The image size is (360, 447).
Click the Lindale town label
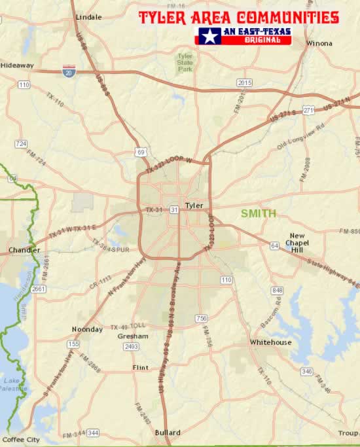click(89, 17)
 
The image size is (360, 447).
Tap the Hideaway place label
click(17, 65)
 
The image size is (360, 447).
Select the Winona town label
click(319, 44)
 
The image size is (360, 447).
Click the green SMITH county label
click(258, 213)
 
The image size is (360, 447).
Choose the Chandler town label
click(24, 250)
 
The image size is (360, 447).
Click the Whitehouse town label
click(270, 342)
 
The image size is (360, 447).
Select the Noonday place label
click(88, 329)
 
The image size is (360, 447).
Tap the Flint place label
click(140, 367)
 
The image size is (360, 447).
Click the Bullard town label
click(168, 433)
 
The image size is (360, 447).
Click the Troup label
click(348, 433)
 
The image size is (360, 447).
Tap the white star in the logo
click(209, 36)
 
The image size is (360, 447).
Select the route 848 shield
click(278, 290)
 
